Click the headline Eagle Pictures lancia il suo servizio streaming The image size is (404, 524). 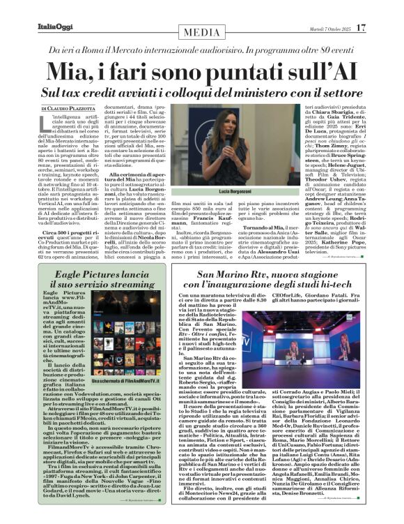pos(89,280)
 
